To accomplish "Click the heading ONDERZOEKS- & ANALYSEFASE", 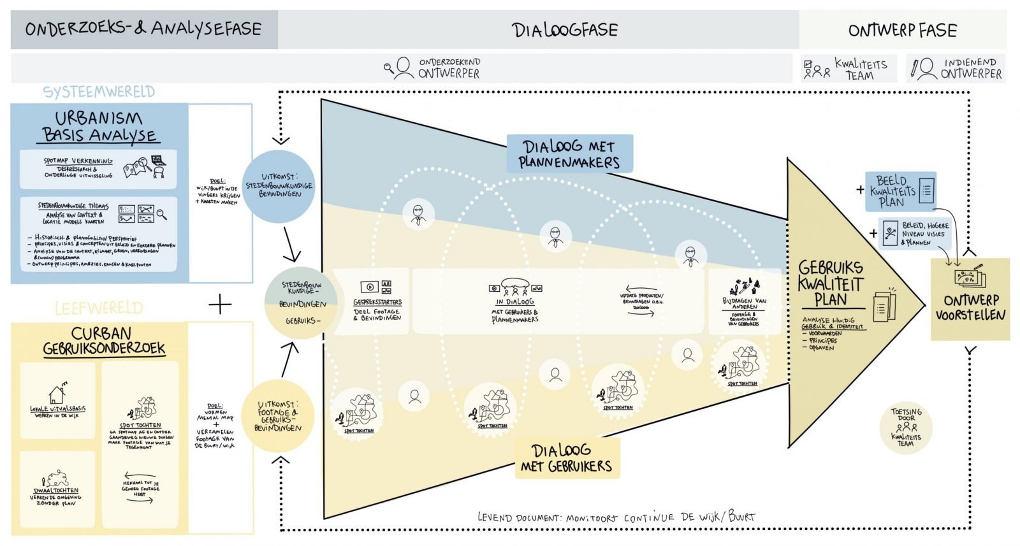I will tap(143, 29).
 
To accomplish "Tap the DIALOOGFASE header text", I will tap(565, 30).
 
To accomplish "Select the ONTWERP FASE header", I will tap(902, 31).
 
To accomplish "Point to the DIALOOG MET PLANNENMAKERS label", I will tap(569, 154).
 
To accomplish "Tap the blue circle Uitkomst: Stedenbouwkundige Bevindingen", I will tap(279, 185).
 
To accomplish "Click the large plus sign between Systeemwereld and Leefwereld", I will tap(220, 305).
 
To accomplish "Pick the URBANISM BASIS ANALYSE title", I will tap(100, 126).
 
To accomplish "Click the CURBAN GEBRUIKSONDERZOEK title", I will tap(103, 341).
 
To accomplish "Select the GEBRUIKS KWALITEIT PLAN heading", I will tap(831, 283).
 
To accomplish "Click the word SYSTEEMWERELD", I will tap(99, 92).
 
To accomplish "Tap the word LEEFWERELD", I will tap(99, 309).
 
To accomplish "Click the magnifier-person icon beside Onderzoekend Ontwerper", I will tap(400, 68).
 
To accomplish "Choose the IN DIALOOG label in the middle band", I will tap(514, 301).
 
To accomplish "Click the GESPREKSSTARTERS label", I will tap(377, 302).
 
